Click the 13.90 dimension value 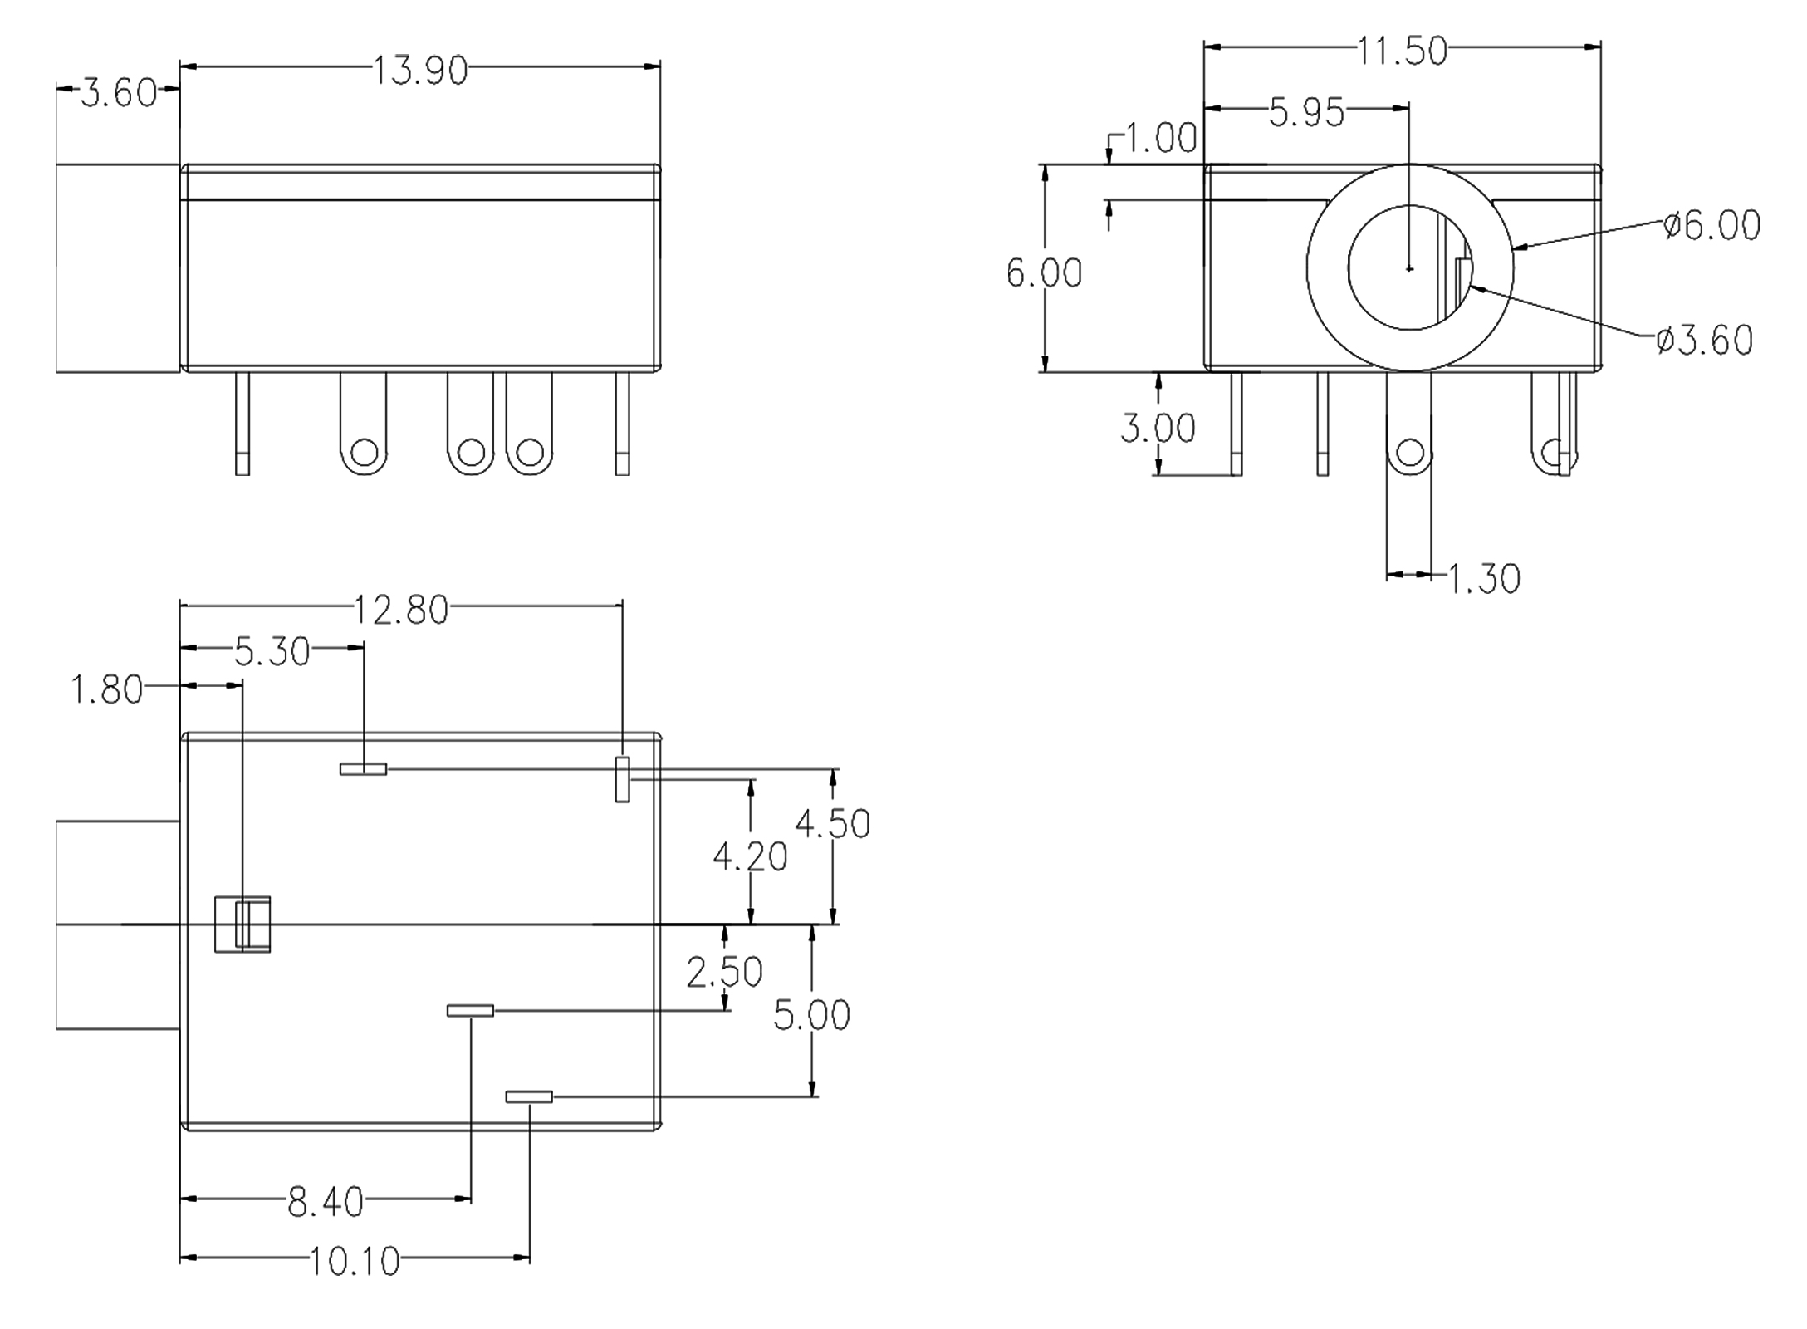(x=419, y=71)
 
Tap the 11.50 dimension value (x=1402, y=51)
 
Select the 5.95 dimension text (x=1306, y=112)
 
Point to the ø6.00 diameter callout (x=1712, y=225)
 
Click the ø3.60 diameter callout (x=1704, y=340)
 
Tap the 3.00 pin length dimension (x=1158, y=428)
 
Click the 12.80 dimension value (x=401, y=610)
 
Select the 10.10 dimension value (x=355, y=1262)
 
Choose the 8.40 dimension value (x=326, y=1202)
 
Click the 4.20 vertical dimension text (x=750, y=856)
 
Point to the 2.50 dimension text (x=724, y=972)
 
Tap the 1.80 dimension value (x=107, y=690)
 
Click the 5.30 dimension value (x=272, y=652)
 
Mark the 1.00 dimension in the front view (x=1161, y=138)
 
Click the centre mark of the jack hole (x=1409, y=268)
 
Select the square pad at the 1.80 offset (x=242, y=924)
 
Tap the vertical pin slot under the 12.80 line (x=622, y=779)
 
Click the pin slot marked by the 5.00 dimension (x=529, y=1096)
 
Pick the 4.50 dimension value (x=832, y=824)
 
